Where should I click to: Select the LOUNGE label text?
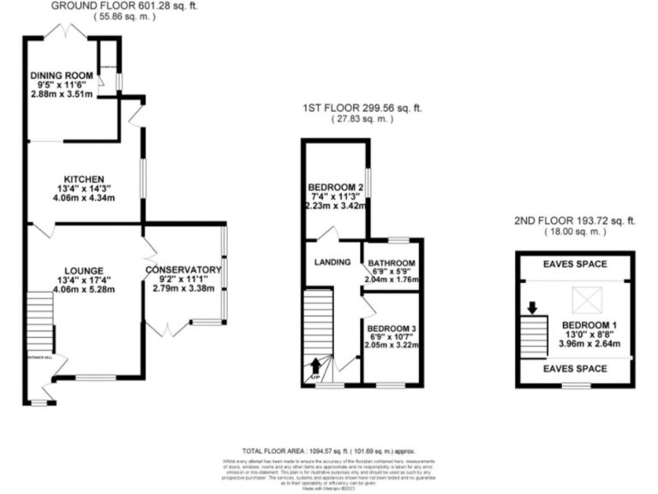(x=82, y=267)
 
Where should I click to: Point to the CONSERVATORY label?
(x=183, y=270)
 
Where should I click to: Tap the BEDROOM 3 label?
(x=391, y=328)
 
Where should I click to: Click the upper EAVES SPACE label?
(x=573, y=264)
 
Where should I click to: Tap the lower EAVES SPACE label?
(x=573, y=368)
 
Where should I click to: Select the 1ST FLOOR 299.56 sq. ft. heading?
(x=362, y=109)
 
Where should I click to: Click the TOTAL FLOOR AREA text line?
(x=329, y=449)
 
